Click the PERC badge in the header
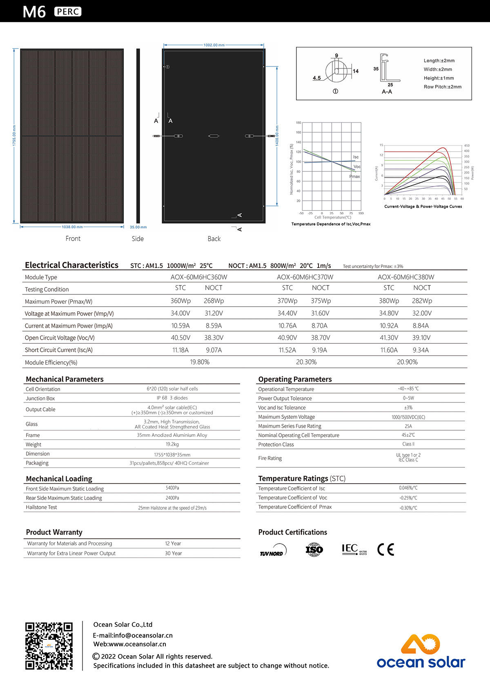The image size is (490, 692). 68,12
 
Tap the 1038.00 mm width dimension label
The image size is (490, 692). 72,227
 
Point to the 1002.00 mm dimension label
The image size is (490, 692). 214,45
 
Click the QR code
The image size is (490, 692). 49,646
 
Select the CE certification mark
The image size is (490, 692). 385,550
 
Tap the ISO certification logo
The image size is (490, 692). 314,550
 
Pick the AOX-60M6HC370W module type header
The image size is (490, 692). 305,277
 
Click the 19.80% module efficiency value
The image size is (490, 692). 200,362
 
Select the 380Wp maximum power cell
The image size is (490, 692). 389,301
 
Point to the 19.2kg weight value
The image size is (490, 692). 172,444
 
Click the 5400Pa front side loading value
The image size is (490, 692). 172,488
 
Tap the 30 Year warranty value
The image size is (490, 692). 174,553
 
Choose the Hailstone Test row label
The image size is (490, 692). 41,507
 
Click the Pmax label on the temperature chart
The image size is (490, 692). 354,177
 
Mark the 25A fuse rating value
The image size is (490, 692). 408,426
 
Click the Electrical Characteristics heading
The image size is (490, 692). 71,265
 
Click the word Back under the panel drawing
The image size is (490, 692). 214,239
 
